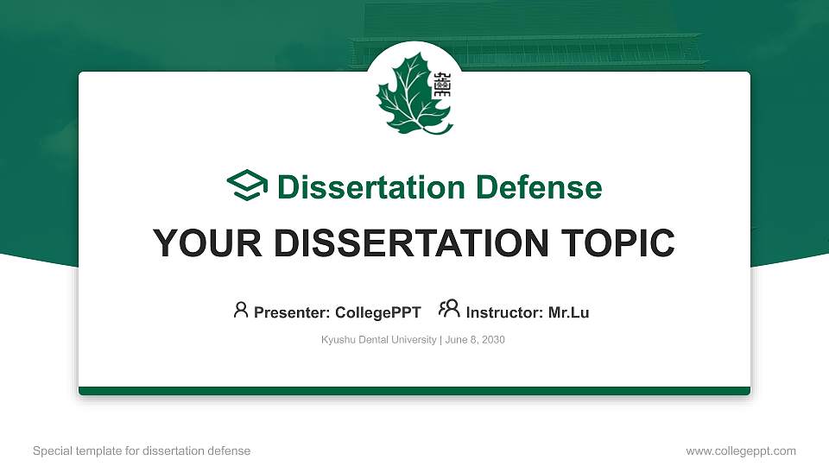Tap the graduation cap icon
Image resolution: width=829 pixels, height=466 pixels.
click(247, 185)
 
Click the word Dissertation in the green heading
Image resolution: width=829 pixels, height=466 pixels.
click(371, 187)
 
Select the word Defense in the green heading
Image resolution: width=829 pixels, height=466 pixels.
click(539, 187)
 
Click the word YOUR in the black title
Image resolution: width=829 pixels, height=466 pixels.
click(207, 243)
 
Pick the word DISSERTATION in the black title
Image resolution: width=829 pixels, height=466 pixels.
click(411, 243)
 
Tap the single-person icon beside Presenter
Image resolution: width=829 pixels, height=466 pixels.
click(241, 310)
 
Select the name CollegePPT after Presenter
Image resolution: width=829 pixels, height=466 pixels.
click(378, 312)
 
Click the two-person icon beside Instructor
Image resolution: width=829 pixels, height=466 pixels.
click(449, 309)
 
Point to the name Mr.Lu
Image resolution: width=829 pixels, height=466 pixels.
click(568, 312)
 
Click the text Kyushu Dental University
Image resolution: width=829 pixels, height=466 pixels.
click(378, 340)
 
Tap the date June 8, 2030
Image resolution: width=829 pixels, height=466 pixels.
click(475, 340)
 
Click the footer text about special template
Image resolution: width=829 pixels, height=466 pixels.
click(142, 450)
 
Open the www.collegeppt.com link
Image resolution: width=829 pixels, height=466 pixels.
click(741, 450)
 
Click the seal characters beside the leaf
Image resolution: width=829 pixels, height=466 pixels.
click(441, 84)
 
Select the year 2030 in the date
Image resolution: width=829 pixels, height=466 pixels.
click(493, 340)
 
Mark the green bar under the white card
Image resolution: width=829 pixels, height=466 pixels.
click(414, 391)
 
